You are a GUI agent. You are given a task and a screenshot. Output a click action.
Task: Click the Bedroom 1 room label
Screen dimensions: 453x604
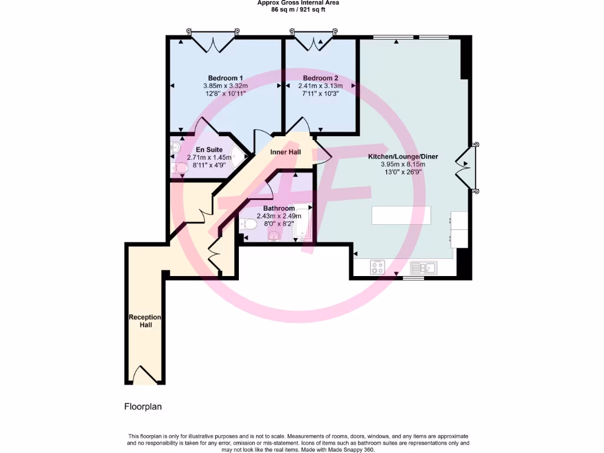click(225, 78)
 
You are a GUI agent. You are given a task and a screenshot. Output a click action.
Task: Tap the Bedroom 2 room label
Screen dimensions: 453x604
click(320, 78)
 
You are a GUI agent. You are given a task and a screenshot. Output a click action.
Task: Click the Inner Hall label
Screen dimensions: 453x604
click(285, 152)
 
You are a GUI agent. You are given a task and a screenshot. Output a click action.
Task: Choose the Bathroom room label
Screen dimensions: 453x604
click(279, 208)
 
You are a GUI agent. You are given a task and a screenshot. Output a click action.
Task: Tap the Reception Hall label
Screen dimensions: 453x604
click(145, 321)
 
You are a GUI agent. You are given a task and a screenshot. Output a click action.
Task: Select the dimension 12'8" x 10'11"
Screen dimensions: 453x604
click(225, 93)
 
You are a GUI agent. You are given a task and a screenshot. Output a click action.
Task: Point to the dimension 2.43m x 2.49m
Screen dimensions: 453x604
click(279, 216)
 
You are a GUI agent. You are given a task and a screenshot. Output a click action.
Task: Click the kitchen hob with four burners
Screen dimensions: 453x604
click(377, 268)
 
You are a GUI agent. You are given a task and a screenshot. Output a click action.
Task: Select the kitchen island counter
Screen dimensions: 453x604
click(401, 215)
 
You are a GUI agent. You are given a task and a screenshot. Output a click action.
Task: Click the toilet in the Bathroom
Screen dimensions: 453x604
click(248, 225)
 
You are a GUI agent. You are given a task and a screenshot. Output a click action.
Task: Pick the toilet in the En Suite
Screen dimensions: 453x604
click(179, 169)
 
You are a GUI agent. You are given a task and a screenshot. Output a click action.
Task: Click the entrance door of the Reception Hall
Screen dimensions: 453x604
click(145, 376)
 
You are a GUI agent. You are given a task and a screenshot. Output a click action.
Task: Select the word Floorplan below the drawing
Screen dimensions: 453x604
click(143, 406)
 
